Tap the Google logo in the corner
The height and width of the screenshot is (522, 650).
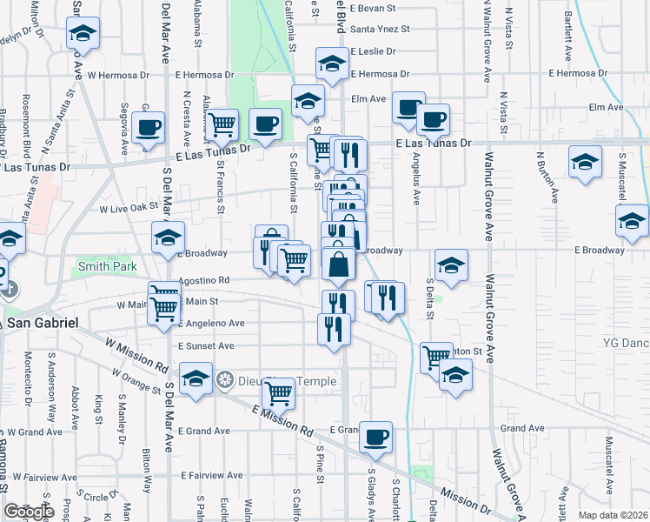click(29, 512)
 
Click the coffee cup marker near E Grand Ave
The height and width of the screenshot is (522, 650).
click(375, 437)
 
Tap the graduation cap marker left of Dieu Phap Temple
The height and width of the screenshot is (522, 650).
click(196, 379)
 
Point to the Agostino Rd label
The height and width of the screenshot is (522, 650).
click(203, 281)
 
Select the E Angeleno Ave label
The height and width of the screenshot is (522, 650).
click(211, 323)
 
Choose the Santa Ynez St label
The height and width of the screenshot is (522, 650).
click(379, 29)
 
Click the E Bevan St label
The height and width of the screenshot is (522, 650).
click(372, 8)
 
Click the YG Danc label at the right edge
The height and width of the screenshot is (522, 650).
click(626, 343)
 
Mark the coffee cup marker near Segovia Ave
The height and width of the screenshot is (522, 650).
click(147, 128)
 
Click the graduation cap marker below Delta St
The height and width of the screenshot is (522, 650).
click(456, 377)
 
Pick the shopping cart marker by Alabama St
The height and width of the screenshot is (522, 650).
click(222, 125)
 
